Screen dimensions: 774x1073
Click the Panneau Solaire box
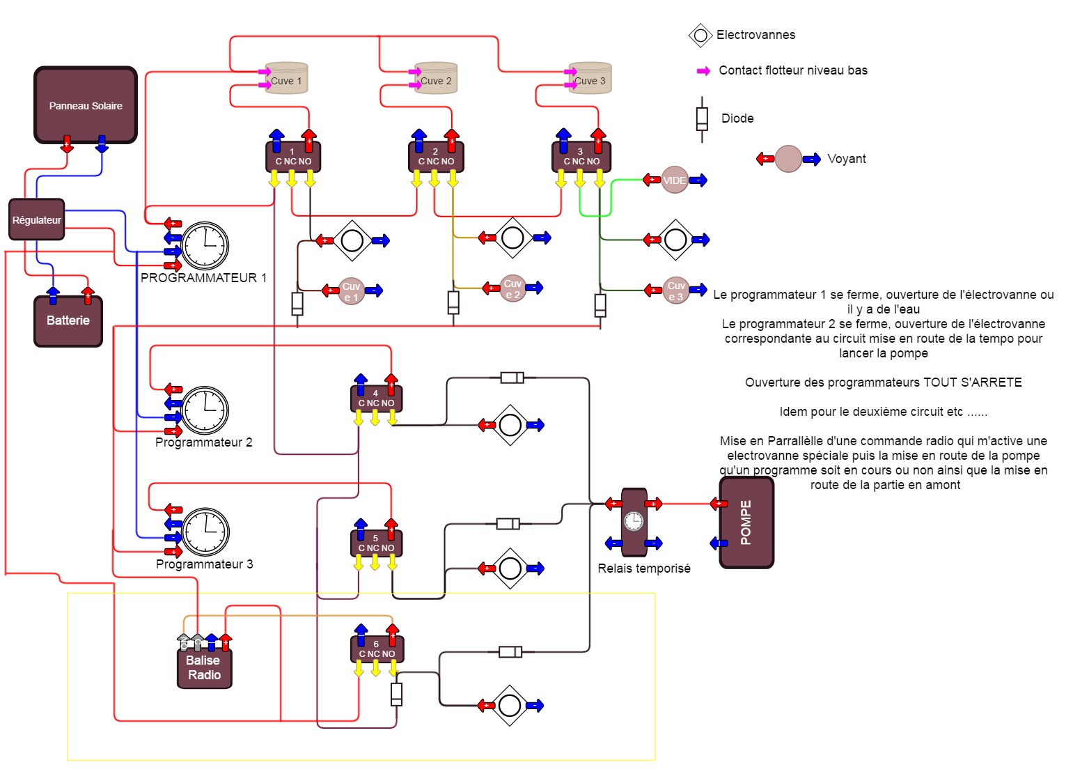pos(86,105)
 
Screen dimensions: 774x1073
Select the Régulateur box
pos(37,219)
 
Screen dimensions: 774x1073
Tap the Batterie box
pos(68,320)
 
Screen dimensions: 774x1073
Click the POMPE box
pos(746,523)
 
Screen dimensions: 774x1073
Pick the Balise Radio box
pos(204,667)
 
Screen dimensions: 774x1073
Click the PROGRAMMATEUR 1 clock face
pos(205,246)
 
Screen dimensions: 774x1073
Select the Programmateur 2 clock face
pos(205,410)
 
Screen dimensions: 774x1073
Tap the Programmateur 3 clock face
pos(206,532)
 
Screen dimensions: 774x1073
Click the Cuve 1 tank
pos(287,79)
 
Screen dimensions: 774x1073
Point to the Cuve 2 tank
pos(437,79)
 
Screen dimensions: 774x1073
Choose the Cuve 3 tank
pos(590,79)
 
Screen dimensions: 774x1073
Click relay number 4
pos(376,398)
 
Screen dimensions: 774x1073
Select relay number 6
pos(377,649)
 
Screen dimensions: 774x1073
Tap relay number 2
pos(436,157)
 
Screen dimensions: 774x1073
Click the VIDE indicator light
pos(674,180)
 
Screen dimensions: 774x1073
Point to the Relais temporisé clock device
pos(634,522)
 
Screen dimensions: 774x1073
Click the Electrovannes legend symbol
pos(700,35)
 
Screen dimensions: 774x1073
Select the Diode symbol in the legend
pos(702,119)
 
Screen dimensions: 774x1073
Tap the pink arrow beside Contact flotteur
pos(703,71)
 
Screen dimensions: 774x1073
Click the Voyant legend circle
pos(788,159)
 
